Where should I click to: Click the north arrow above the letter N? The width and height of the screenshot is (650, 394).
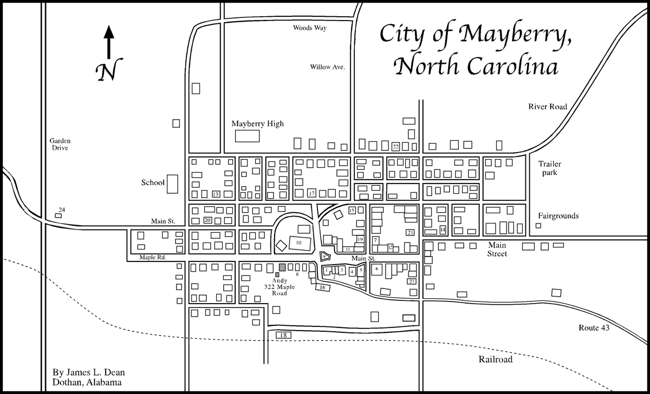109,41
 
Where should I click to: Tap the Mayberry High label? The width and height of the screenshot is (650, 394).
257,124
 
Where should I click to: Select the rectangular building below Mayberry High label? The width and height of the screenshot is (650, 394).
246,136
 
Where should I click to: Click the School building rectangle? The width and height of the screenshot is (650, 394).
173,184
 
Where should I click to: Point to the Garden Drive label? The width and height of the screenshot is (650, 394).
60,143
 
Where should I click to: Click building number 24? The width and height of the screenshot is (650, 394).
59,215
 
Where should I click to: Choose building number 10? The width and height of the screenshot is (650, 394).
298,244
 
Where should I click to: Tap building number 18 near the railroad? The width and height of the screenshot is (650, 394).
283,336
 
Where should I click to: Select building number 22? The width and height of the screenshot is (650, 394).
396,146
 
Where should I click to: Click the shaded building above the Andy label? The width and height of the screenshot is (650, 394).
282,267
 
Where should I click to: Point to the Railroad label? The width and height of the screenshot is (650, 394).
495,359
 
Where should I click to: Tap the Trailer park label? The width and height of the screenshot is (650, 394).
550,168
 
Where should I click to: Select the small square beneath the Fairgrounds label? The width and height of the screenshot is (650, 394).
538,225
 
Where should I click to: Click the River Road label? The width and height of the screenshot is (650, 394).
548,107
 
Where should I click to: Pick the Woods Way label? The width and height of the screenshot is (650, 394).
310,27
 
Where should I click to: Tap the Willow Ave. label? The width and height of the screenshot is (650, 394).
327,67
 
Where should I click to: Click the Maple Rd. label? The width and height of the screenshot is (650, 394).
151,257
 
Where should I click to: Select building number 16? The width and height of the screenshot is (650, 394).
323,287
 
